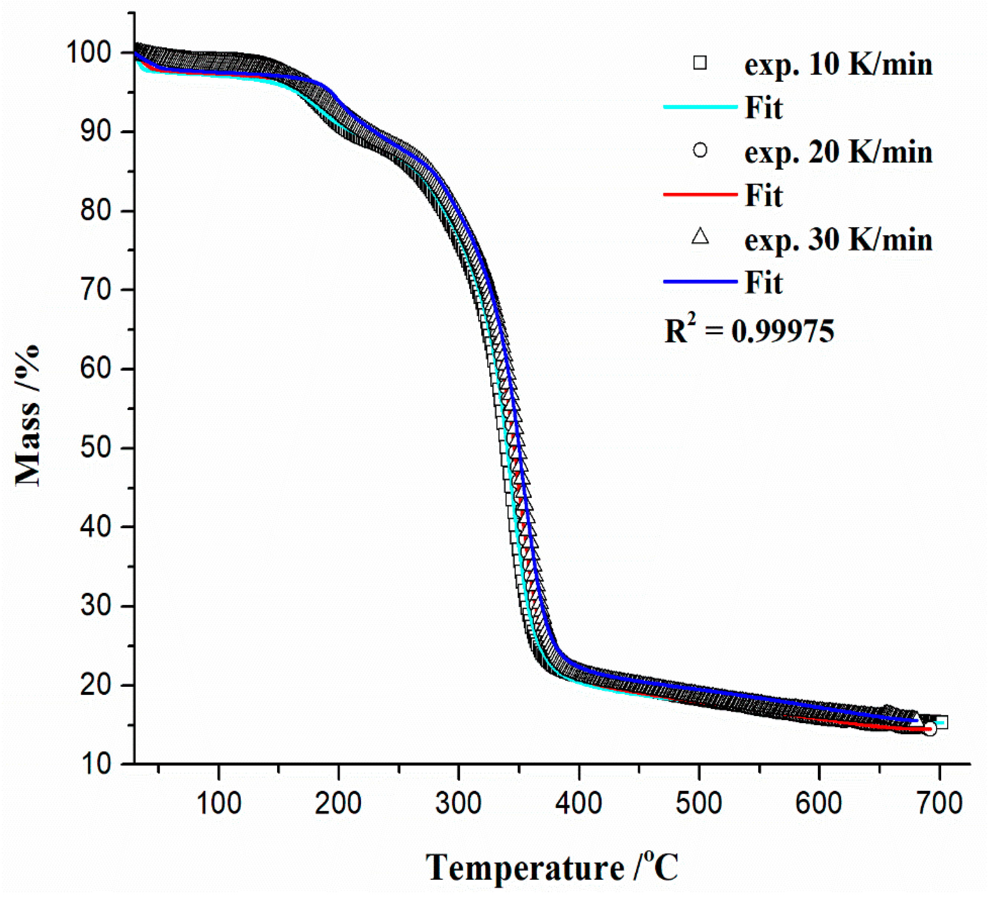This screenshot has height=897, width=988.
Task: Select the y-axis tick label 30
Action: [x=98, y=606]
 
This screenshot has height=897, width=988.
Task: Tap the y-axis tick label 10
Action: [x=98, y=764]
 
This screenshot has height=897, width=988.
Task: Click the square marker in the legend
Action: [x=700, y=63]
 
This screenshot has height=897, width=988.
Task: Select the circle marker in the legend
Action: [x=700, y=150]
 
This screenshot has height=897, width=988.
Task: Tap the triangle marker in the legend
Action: [x=700, y=237]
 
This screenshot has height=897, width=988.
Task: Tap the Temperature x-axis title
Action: [x=552, y=868]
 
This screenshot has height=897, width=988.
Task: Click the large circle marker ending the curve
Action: [x=930, y=729]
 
